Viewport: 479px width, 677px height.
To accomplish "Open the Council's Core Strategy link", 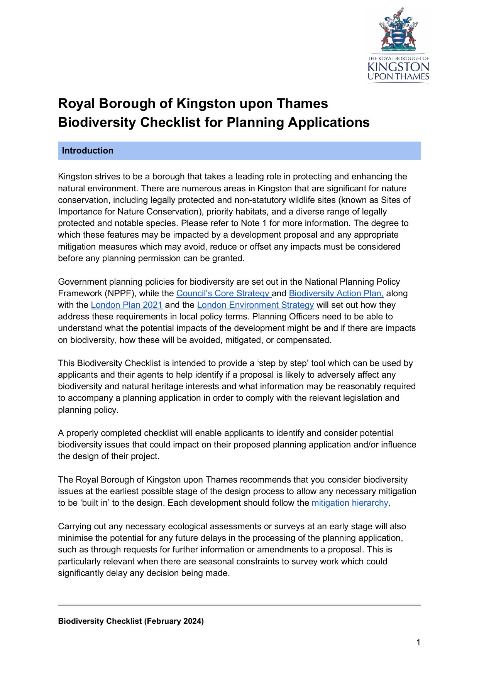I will [x=223, y=294].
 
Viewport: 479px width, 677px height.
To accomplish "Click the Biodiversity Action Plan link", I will [x=336, y=294].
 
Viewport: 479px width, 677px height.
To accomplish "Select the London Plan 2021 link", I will [x=127, y=305].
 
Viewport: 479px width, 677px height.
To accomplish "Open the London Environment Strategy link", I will [x=255, y=305].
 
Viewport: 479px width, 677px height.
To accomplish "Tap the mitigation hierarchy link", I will [x=349, y=503].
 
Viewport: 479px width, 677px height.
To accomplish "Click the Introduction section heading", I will [x=88, y=151].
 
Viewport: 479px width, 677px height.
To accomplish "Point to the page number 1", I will [x=418, y=642].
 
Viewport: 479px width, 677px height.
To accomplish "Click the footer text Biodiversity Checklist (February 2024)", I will [x=131, y=621].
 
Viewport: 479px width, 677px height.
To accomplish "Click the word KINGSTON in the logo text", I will [x=398, y=67].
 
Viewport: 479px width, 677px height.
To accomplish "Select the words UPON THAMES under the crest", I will [x=398, y=77].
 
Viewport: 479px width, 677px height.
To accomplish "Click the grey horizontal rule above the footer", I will [x=239, y=605].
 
